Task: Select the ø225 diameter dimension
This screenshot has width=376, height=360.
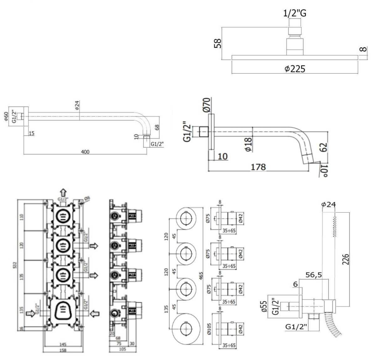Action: pos(295,69)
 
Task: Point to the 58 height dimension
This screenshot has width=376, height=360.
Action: pos(218,43)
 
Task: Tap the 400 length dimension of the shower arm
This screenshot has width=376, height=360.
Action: pos(85,152)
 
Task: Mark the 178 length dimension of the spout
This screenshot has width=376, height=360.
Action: pos(258,166)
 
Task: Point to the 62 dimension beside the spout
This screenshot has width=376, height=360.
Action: pos(324,147)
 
